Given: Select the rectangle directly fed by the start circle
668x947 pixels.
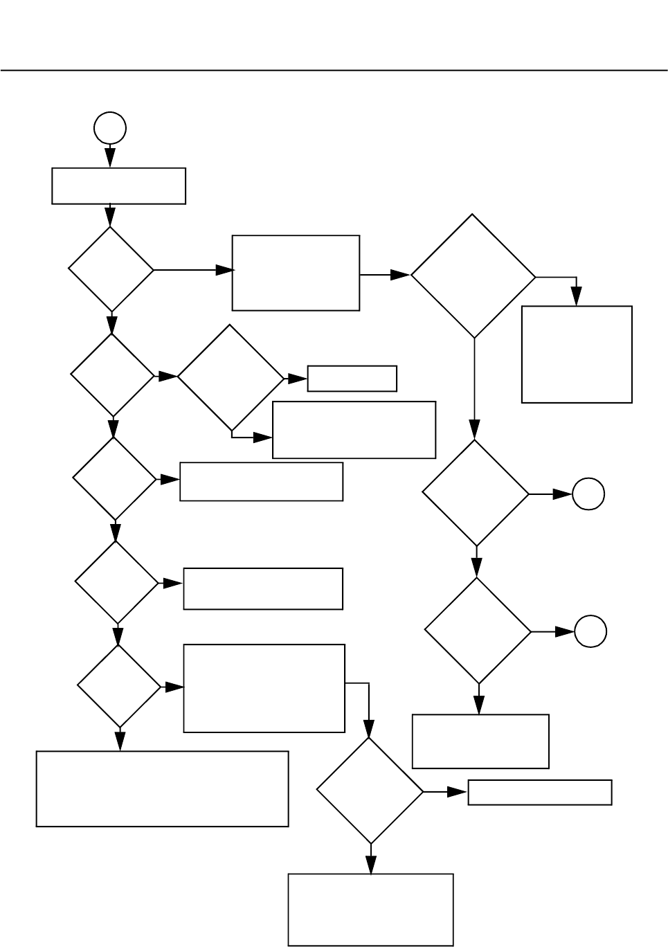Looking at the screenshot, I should click(118, 186).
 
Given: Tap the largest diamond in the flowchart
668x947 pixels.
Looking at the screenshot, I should click(473, 276).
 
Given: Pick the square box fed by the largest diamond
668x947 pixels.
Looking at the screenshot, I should click(577, 354).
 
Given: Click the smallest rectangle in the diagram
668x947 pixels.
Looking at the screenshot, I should click(352, 379).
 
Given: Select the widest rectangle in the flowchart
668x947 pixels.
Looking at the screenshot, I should click(162, 788).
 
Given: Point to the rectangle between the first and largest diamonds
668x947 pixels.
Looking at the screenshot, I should click(296, 273).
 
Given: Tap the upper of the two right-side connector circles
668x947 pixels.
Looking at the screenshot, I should click(588, 494).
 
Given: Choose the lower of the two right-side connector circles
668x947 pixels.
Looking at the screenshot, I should click(590, 631).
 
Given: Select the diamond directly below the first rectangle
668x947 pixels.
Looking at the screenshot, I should click(111, 269).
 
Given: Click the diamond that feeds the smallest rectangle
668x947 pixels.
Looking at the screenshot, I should click(231, 377).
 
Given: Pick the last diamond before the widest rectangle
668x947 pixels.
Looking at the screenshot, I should click(119, 687).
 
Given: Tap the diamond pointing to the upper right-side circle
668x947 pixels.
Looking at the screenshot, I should click(476, 494).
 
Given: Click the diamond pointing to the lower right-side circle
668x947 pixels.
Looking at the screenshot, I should click(478, 631).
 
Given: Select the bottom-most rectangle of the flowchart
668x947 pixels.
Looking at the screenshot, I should click(370, 909).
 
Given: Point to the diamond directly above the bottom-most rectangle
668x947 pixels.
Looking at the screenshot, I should click(370, 791).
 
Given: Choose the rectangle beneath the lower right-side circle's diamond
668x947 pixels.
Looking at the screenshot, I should click(480, 741).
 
